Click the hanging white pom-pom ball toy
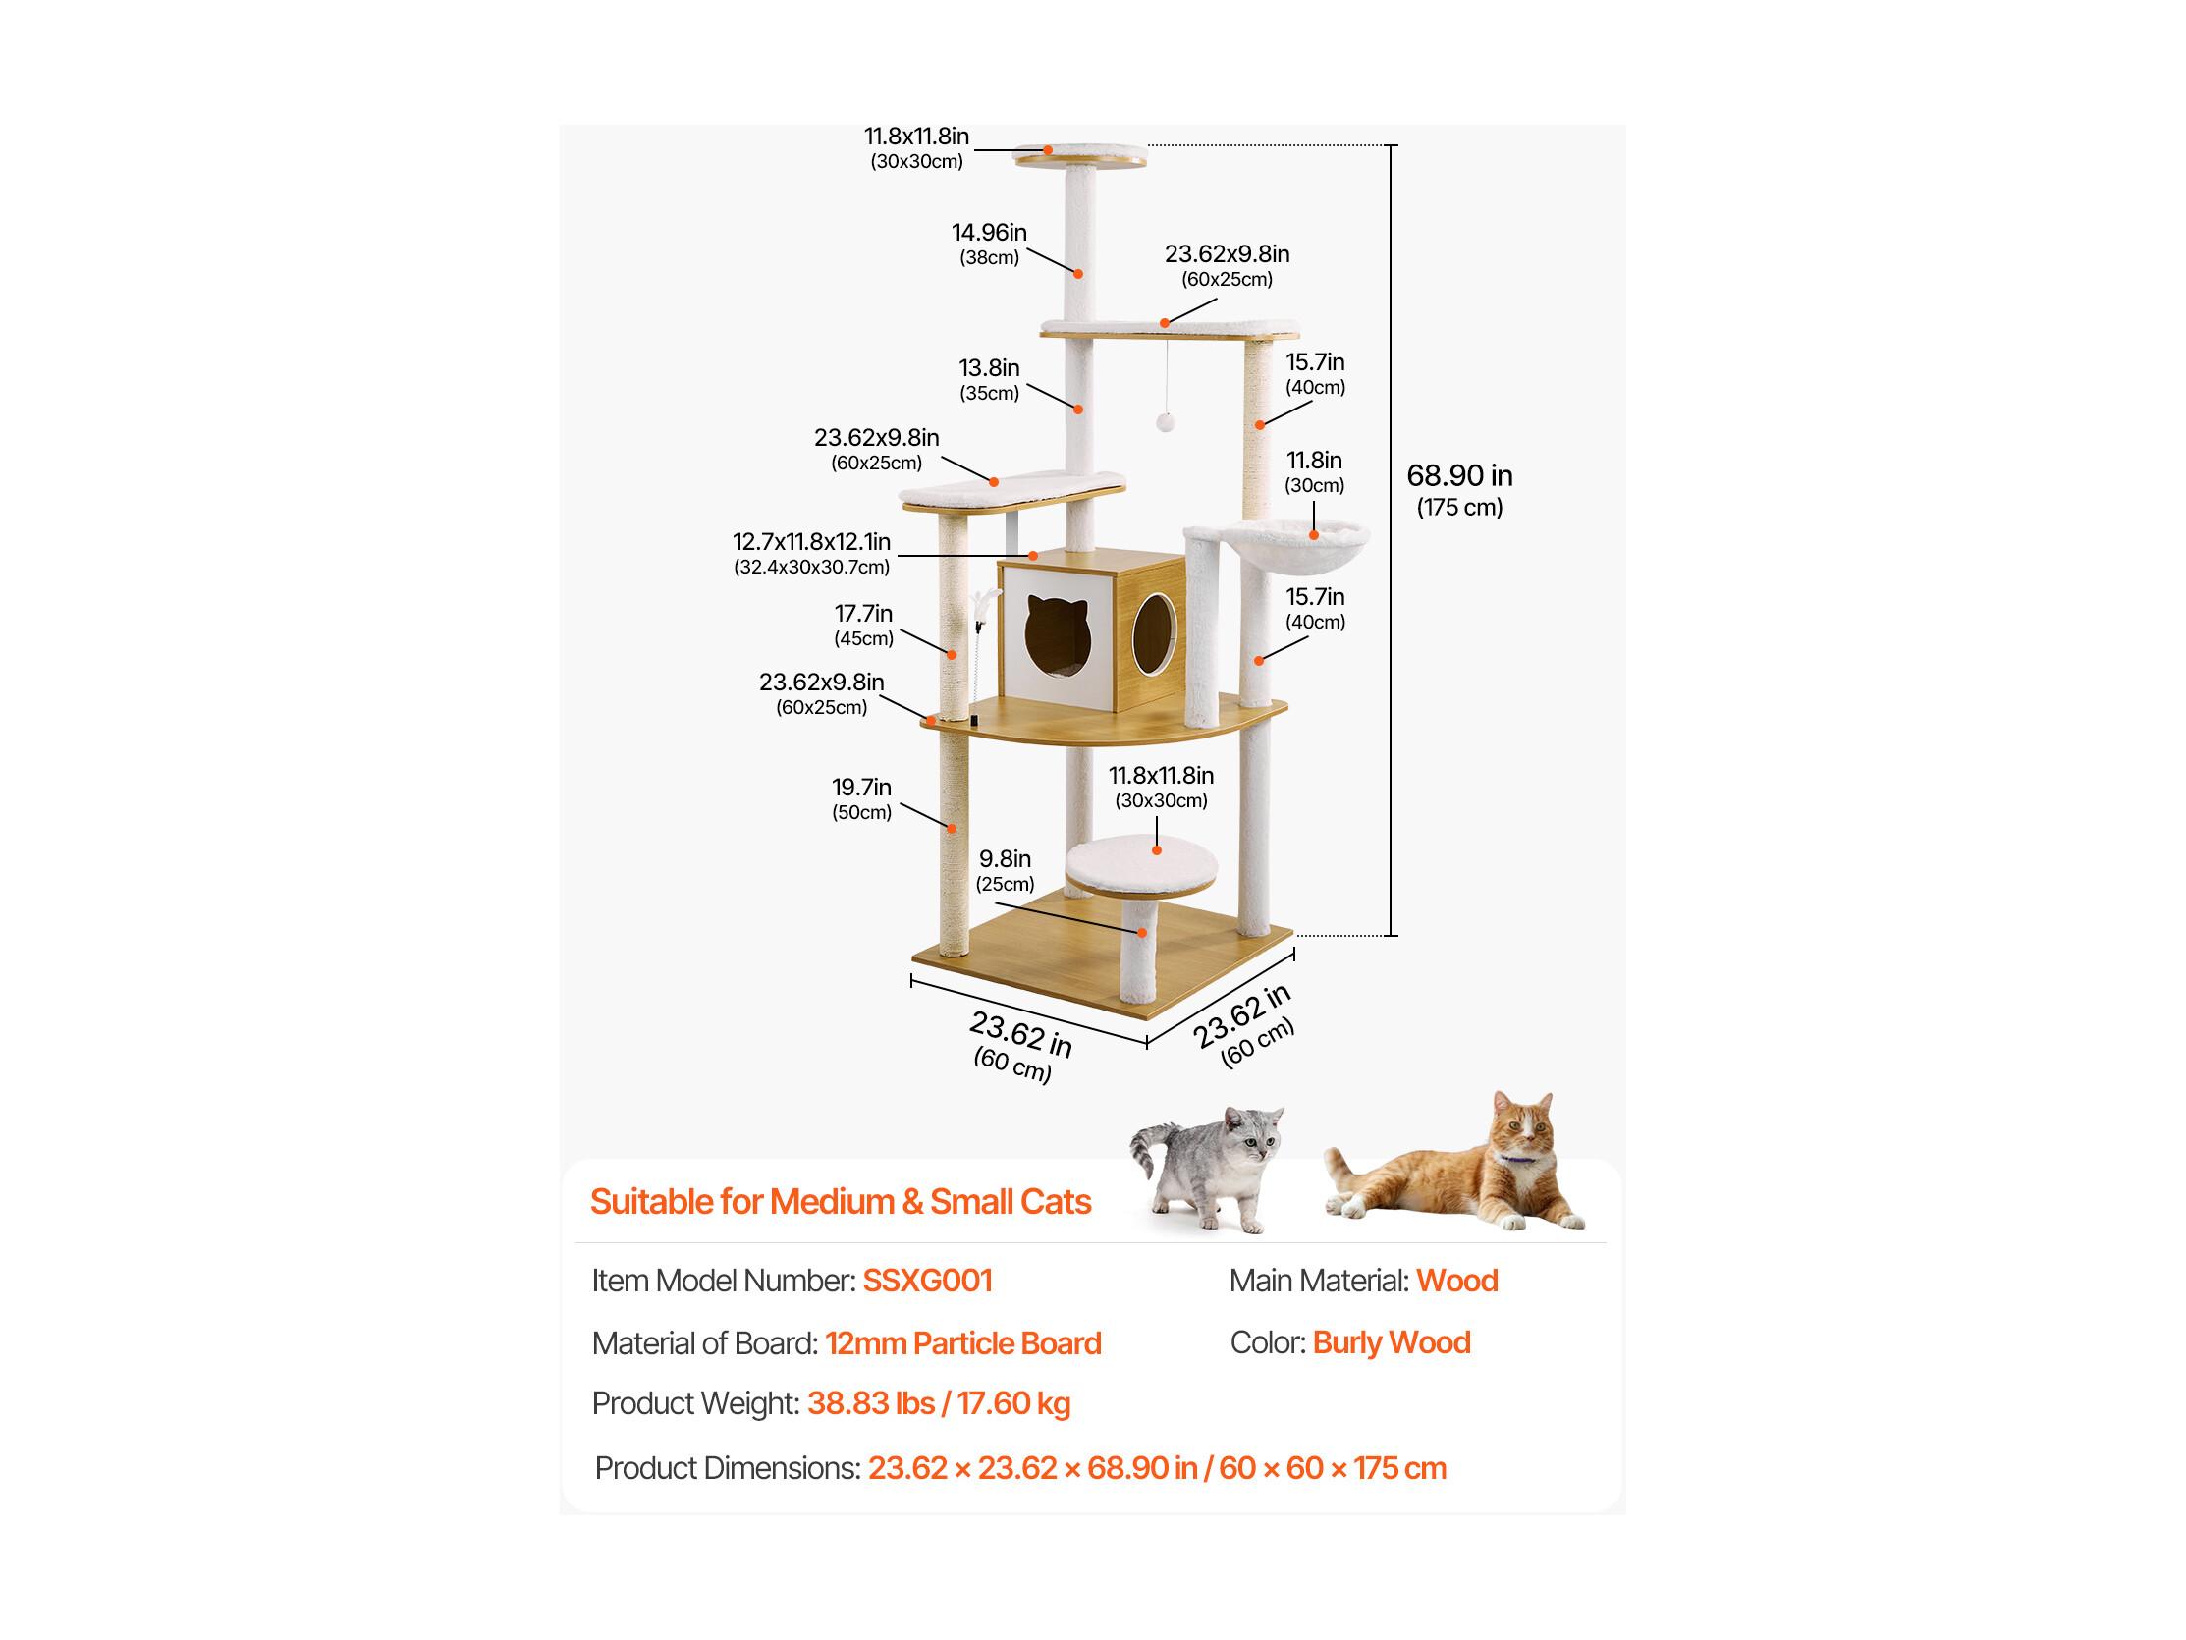coord(1166,422)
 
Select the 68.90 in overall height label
coord(1459,490)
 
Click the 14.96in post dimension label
coord(989,245)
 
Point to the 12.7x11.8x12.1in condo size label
coord(811,554)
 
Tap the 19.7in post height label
coord(862,798)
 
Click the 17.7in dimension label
coord(864,625)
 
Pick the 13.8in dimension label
coord(989,380)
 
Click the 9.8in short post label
coord(1005,870)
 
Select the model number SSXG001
coord(927,1281)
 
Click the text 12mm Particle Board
coord(963,1342)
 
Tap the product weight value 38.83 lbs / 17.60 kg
coord(939,1403)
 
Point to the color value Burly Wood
coord(1392,1341)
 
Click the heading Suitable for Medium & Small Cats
coord(841,1201)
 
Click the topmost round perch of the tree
coord(1081,154)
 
